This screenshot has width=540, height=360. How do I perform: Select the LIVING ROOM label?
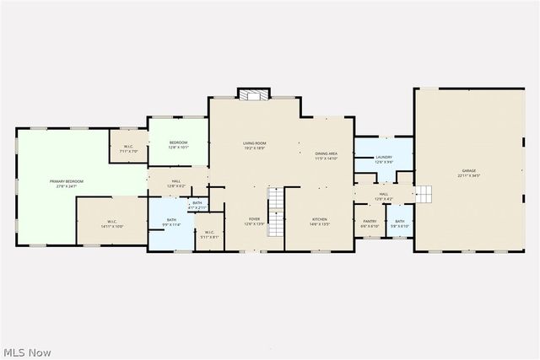[254, 145]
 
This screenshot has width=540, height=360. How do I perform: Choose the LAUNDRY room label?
[384, 159]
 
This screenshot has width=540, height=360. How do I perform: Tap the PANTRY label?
[370, 223]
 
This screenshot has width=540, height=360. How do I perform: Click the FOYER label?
[254, 221]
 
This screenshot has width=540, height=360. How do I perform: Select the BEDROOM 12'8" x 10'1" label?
[178, 144]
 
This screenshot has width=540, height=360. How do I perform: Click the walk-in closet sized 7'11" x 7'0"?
[129, 149]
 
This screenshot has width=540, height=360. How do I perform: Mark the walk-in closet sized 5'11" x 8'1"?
[209, 235]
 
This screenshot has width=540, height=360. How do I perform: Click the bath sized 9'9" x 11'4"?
[171, 222]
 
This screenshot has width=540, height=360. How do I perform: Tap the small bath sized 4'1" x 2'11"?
[197, 204]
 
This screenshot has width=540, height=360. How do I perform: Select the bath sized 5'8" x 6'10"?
[400, 223]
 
